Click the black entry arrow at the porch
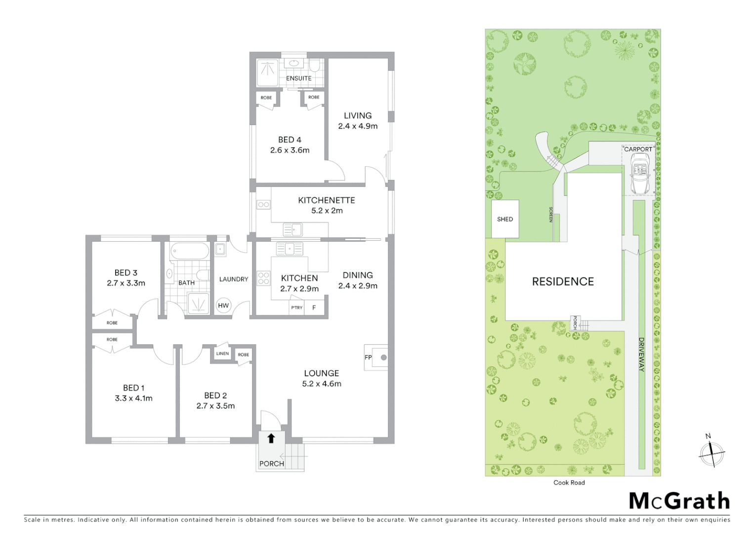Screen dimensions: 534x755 pyautogui.click(x=271, y=439)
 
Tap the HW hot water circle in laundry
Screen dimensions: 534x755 pyautogui.click(x=223, y=306)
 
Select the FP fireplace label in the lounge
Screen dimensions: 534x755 pyautogui.click(x=368, y=357)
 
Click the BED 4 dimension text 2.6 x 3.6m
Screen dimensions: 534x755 pyautogui.click(x=290, y=150)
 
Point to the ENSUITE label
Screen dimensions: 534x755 pyautogui.click(x=298, y=78)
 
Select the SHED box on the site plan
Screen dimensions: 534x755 pyautogui.click(x=505, y=219)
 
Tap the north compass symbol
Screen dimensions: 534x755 pyautogui.click(x=712, y=452)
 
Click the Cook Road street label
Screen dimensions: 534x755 pyautogui.click(x=569, y=483)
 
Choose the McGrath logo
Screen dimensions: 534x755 pyautogui.click(x=679, y=501)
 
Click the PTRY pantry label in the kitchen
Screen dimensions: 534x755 pyautogui.click(x=296, y=308)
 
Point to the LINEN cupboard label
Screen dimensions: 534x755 pyautogui.click(x=222, y=354)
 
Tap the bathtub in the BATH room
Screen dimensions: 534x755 pyautogui.click(x=190, y=251)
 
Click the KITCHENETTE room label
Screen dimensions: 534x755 pyautogui.click(x=326, y=200)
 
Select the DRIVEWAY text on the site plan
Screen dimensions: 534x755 pyautogui.click(x=641, y=354)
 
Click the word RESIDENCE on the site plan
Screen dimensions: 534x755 pyautogui.click(x=563, y=282)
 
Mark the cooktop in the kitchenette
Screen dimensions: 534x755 pyautogui.click(x=263, y=204)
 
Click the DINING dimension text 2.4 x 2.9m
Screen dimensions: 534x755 pyautogui.click(x=358, y=286)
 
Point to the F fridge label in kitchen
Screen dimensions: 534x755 pyautogui.click(x=314, y=308)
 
